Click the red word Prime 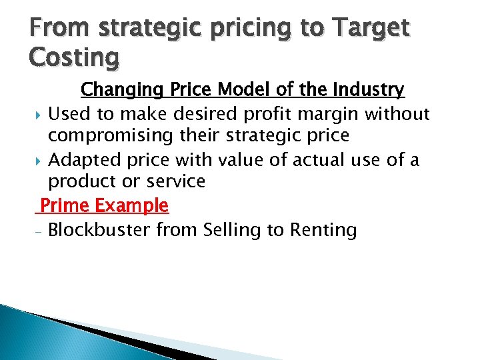(63, 205)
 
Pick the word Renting (323, 230)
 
